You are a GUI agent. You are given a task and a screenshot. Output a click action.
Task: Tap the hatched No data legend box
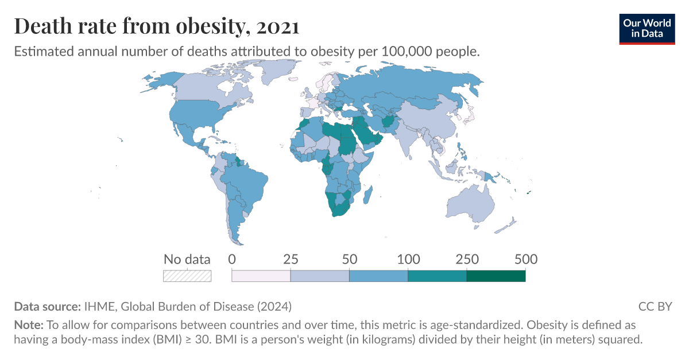(x=187, y=276)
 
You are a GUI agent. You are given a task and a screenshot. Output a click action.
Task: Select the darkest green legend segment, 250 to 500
(x=496, y=276)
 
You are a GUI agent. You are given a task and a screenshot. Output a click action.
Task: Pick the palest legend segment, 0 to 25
(x=261, y=276)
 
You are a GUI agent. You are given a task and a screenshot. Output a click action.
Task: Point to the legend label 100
(x=408, y=259)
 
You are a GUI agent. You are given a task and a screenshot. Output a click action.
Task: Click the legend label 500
(x=525, y=259)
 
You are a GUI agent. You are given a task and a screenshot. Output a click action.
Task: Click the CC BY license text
(x=655, y=306)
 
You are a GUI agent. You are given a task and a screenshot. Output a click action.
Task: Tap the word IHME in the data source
(x=98, y=306)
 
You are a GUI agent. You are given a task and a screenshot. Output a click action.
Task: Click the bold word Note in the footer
(x=28, y=324)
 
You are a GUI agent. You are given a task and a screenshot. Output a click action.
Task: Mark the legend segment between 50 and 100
(x=378, y=276)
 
